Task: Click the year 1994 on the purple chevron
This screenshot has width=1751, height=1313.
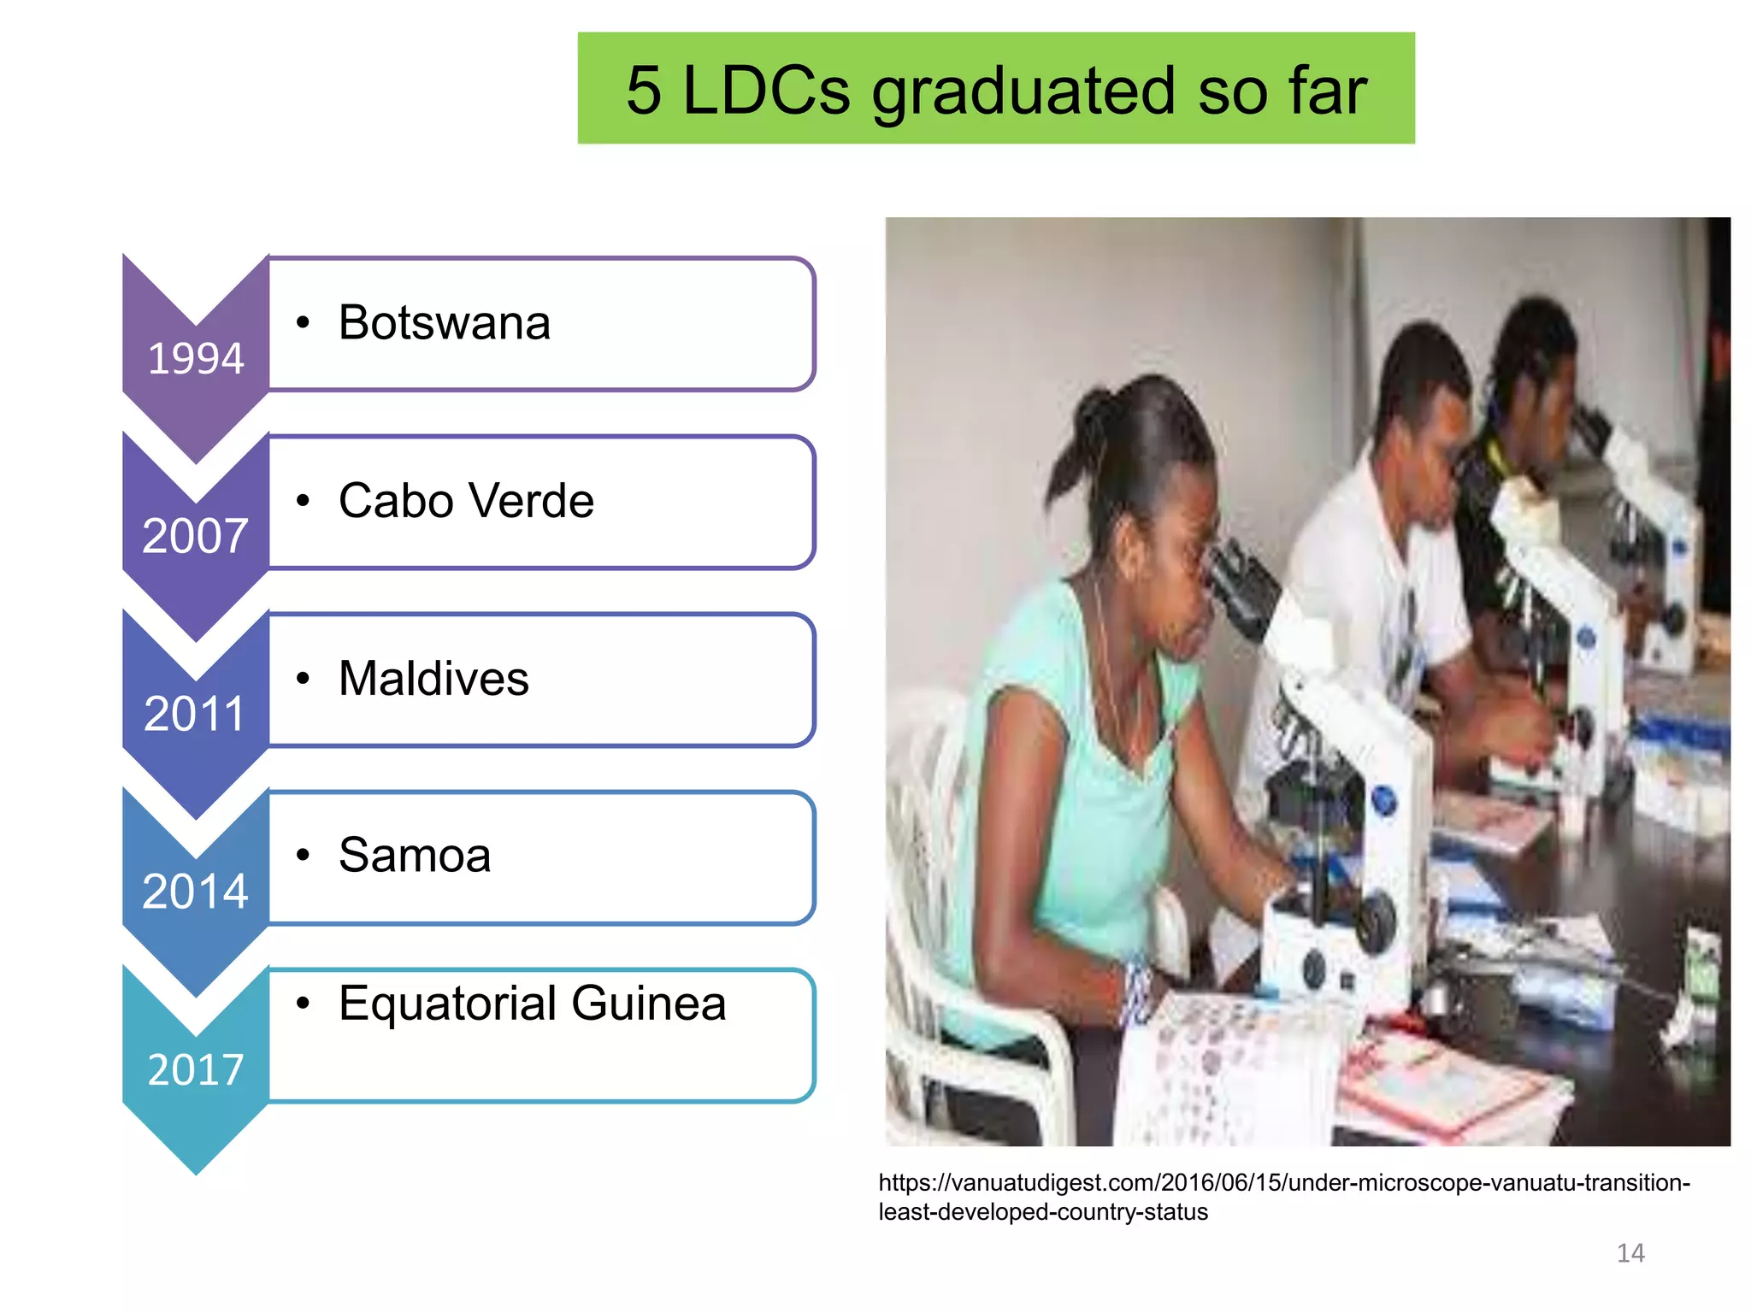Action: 196,358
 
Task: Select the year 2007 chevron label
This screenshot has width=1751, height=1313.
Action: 196,536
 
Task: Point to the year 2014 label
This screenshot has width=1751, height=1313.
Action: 196,891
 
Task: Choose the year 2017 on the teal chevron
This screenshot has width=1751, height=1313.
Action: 196,1069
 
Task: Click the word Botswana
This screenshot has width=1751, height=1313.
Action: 444,323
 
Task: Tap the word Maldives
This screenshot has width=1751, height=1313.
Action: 433,679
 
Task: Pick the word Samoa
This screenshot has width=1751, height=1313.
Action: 415,855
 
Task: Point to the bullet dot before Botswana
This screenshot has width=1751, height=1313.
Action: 303,323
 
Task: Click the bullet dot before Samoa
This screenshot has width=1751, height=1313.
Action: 303,855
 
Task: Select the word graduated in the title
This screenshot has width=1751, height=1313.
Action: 1023,92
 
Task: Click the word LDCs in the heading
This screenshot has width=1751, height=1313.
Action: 766,91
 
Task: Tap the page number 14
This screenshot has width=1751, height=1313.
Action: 1630,1253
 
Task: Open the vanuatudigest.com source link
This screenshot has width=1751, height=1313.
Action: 1283,1197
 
